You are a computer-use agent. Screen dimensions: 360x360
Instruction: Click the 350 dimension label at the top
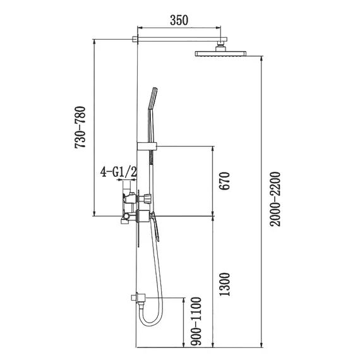coord(179,20)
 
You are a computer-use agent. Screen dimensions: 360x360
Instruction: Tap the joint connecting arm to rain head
coord(221,47)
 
